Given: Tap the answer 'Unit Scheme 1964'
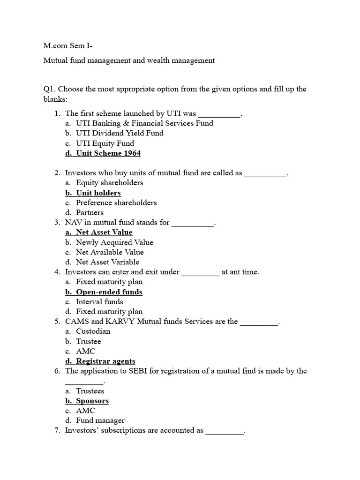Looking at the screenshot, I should pos(108,153).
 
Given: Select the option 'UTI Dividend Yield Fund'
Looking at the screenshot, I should pos(120,133).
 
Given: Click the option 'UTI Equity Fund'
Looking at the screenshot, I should pos(105,143).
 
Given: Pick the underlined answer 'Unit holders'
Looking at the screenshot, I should pos(98,193).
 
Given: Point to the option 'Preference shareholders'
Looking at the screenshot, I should pos(116,202).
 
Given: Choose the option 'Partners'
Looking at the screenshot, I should pos(90,212).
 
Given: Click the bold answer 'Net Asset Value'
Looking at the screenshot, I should pos(104,232).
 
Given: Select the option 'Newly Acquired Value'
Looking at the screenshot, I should pos(114,242).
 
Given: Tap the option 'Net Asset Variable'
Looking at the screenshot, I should pos(107,262).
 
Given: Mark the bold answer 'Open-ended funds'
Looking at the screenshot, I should pos(109,292).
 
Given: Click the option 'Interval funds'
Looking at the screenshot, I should pos(99,301).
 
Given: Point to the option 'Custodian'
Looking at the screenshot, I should pos(93,331).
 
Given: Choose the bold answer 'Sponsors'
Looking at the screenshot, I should pos(92,401).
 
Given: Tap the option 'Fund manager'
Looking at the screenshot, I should pos(100,420).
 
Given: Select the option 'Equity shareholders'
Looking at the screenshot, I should pos(109,183).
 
